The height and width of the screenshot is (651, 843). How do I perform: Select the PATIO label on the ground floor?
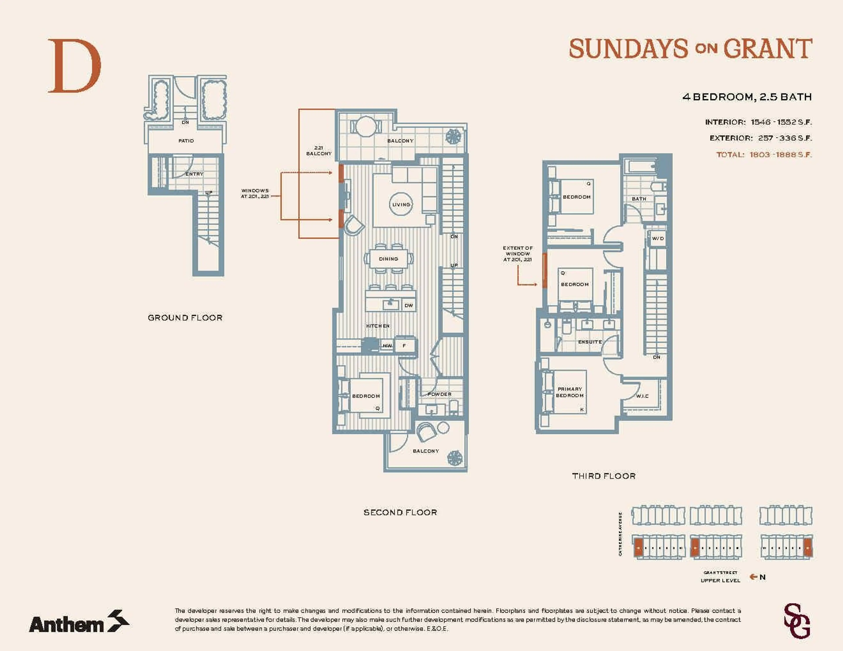tap(186, 141)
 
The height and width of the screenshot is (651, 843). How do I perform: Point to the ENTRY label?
tap(194, 174)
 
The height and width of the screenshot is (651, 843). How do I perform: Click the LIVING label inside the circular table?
tap(401, 204)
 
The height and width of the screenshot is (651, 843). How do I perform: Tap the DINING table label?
tap(388, 259)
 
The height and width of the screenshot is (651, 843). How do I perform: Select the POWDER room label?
tap(439, 394)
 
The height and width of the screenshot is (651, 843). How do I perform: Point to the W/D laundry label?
tap(658, 239)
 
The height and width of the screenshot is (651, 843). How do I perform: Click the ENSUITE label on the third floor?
tap(590, 342)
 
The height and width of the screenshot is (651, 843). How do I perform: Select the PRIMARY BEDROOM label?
tap(570, 392)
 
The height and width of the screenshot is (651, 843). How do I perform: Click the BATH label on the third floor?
tap(639, 199)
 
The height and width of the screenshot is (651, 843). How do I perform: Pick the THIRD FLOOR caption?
tap(604, 476)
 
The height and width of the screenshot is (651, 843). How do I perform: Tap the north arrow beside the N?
tap(753, 577)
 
